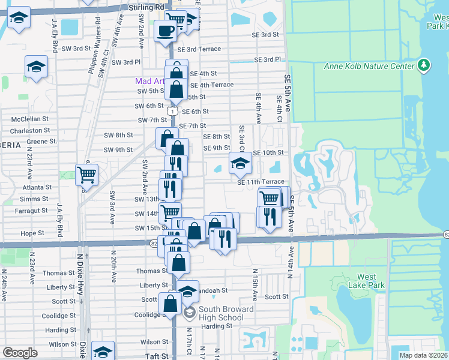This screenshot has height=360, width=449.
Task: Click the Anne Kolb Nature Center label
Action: (x=369, y=66)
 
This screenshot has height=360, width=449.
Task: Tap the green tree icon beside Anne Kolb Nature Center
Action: (x=424, y=64)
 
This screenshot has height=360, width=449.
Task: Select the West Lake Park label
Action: (x=366, y=281)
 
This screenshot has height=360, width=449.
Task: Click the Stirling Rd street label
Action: (x=146, y=7)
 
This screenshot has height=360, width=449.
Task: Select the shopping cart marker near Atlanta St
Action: (x=86, y=175)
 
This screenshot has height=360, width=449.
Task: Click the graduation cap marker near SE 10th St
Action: (x=240, y=163)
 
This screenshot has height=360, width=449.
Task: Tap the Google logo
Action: (x=20, y=353)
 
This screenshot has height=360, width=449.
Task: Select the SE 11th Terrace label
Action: (x=261, y=182)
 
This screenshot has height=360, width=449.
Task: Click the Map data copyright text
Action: (x=423, y=355)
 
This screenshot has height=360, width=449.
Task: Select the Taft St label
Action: (x=157, y=356)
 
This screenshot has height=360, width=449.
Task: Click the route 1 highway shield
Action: (x=172, y=112)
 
